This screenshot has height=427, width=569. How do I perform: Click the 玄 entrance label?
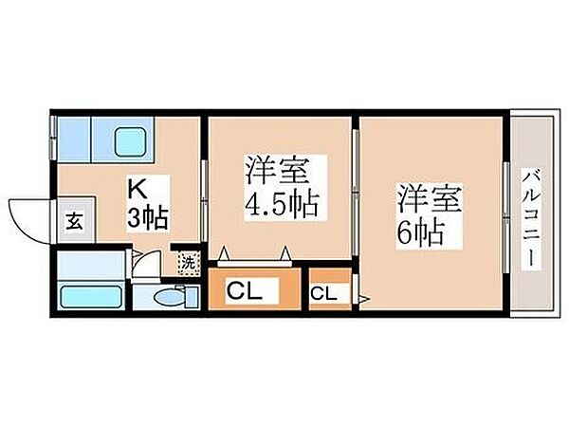(x=74, y=221)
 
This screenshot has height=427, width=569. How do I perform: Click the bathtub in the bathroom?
(x=91, y=295)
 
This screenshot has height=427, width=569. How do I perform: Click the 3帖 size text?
(x=148, y=218)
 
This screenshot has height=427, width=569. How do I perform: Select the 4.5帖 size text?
(x=281, y=204)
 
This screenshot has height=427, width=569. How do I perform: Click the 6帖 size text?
(x=422, y=232)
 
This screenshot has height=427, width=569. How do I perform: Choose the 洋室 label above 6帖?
(x=429, y=201)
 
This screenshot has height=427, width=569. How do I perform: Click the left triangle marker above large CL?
(x=225, y=252)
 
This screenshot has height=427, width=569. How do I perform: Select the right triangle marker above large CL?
(x=284, y=252)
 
